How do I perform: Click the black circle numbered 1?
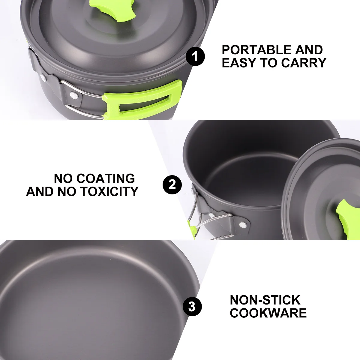pos(195,56)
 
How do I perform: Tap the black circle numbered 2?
pos(172,184)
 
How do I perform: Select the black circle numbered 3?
pos(192,307)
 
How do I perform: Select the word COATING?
pos(106,178)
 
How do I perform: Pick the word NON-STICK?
pos(265,300)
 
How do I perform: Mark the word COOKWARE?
pos(268,313)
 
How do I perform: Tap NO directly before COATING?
pos(63,178)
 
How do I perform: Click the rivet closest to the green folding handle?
pos(73,95)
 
